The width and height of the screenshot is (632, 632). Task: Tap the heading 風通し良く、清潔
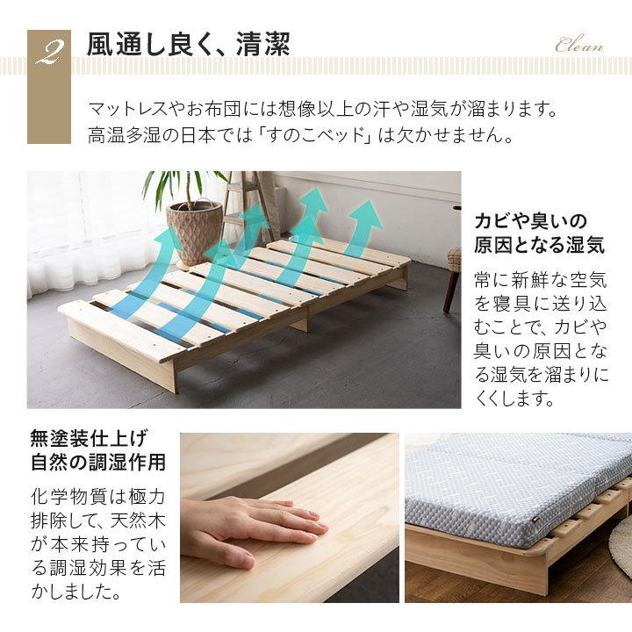click(189, 46)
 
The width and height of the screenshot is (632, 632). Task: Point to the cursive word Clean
click(579, 47)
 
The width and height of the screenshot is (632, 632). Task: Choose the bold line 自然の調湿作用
click(97, 462)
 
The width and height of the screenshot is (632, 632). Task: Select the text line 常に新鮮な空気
click(540, 280)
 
